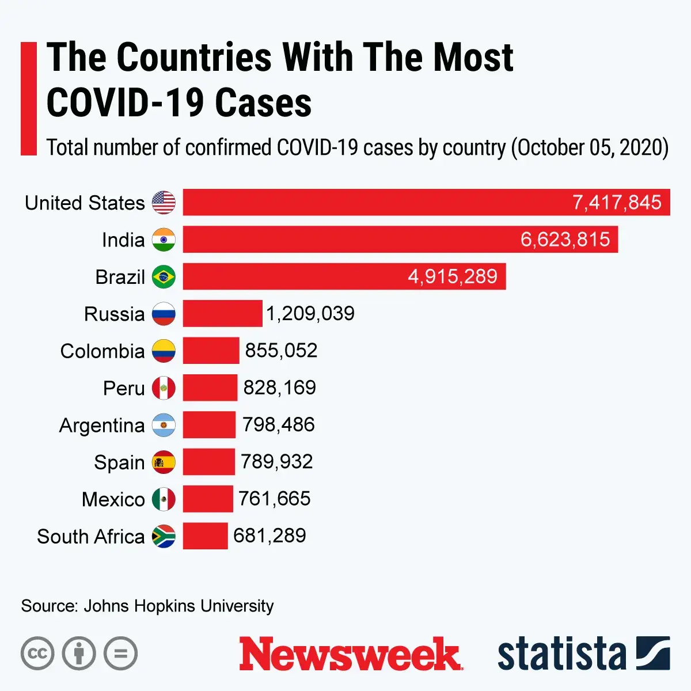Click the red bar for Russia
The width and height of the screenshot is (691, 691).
[x=222, y=314]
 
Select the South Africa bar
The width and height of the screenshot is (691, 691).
[x=205, y=536]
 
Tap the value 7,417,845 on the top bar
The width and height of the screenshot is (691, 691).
[x=617, y=203]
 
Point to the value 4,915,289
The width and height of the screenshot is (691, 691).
[x=453, y=277]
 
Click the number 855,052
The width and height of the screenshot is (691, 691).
[x=281, y=351]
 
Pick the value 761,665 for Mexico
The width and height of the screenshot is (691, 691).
[x=274, y=499]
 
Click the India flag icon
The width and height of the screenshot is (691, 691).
[x=164, y=240]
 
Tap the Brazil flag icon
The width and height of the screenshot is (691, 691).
[x=164, y=277]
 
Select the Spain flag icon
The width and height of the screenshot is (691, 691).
[x=164, y=462]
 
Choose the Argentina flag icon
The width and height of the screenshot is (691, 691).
[x=164, y=425]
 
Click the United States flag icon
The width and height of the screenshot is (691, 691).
[x=164, y=203]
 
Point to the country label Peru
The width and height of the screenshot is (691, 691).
[x=124, y=388]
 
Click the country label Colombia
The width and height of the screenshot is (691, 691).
[x=102, y=351]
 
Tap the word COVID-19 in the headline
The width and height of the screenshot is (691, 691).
[x=125, y=103]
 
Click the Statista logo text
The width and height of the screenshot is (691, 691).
[x=561, y=654]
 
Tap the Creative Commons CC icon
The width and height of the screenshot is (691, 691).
[x=37, y=654]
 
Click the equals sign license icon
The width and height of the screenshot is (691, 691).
[x=120, y=654]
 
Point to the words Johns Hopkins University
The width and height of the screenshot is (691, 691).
[x=179, y=606]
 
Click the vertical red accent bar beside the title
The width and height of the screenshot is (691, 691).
[x=28, y=98]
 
